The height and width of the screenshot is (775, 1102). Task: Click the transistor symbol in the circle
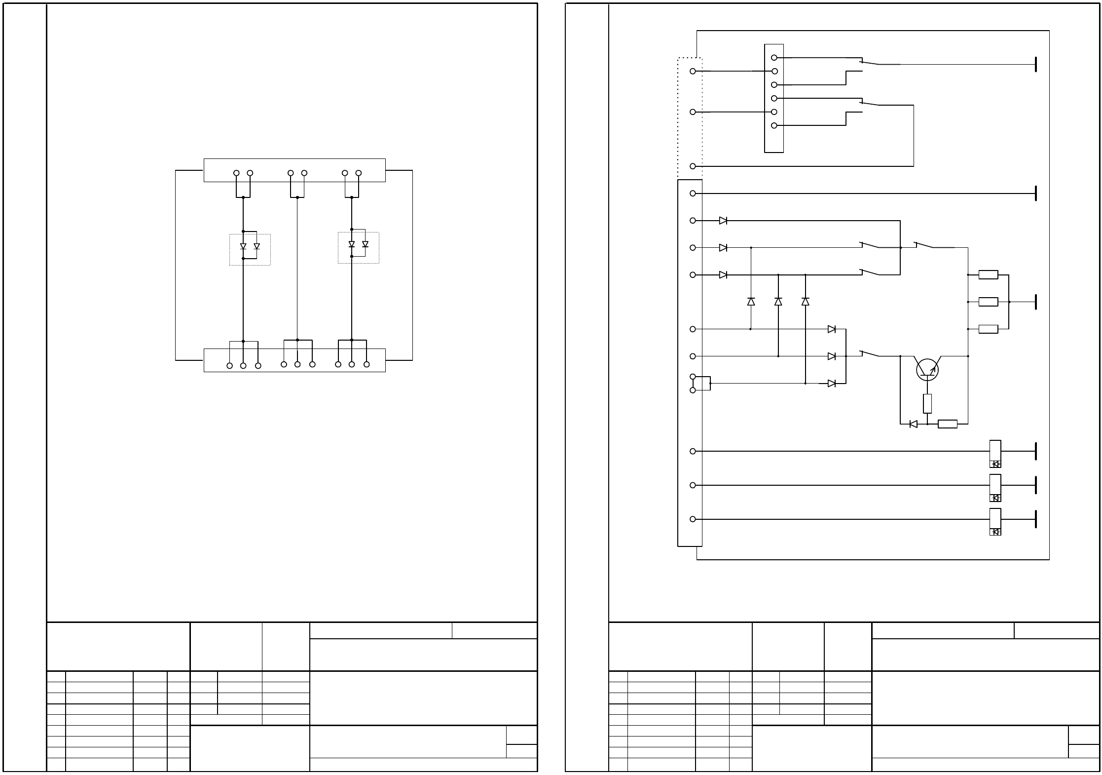[x=927, y=370]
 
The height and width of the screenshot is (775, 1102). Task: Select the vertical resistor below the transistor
[x=927, y=404]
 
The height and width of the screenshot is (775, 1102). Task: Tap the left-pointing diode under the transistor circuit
[x=913, y=424]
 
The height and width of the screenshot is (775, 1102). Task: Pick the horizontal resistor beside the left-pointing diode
[x=947, y=424]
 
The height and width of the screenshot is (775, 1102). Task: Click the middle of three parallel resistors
[x=988, y=302]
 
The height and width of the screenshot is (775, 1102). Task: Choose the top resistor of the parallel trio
[x=988, y=275]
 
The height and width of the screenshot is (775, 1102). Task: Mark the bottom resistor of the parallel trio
[x=988, y=329]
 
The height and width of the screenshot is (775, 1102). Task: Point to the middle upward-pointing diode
[x=778, y=301]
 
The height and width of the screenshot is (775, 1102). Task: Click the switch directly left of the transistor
[x=871, y=353]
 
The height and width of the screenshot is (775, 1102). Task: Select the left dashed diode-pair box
[x=250, y=250]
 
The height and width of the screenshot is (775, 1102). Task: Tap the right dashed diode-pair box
[x=359, y=248]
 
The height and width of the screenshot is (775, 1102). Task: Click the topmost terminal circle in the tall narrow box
[x=774, y=58]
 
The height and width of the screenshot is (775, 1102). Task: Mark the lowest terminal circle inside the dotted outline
[x=693, y=166]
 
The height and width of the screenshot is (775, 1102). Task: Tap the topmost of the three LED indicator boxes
[x=995, y=454]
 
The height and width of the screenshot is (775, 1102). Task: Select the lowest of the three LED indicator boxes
[x=995, y=522]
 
